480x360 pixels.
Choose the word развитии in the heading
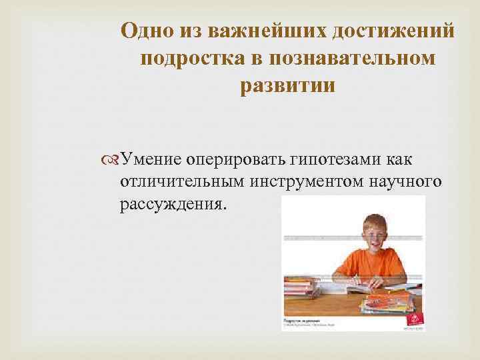point(287,87)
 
